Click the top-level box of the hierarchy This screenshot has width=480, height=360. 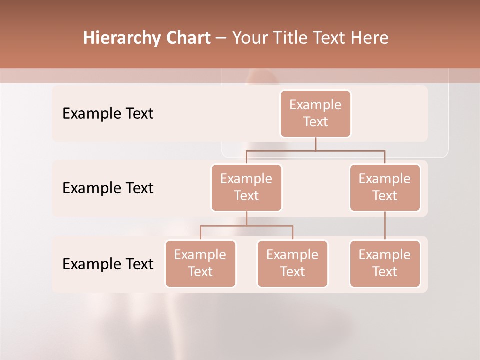pyautogui.click(x=315, y=114)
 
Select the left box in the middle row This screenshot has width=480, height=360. pyautogui.click(x=246, y=188)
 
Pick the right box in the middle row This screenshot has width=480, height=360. pyautogui.click(x=385, y=188)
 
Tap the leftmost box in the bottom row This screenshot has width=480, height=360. pyautogui.click(x=200, y=264)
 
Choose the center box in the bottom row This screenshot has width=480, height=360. pyautogui.click(x=292, y=264)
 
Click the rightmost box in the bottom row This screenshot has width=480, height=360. pyautogui.click(x=385, y=264)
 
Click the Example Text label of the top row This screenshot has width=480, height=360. pyautogui.click(x=108, y=114)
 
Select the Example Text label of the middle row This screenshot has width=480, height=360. pyautogui.click(x=108, y=188)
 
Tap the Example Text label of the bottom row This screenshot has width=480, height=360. pyautogui.click(x=108, y=264)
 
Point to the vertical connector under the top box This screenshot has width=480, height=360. pyautogui.click(x=315, y=144)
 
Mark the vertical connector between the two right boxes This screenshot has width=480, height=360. pyautogui.click(x=385, y=226)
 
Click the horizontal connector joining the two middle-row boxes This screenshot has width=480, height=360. pyautogui.click(x=315, y=150)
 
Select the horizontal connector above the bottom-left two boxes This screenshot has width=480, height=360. pyautogui.click(x=246, y=226)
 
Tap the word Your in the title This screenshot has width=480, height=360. pyautogui.click(x=249, y=38)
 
